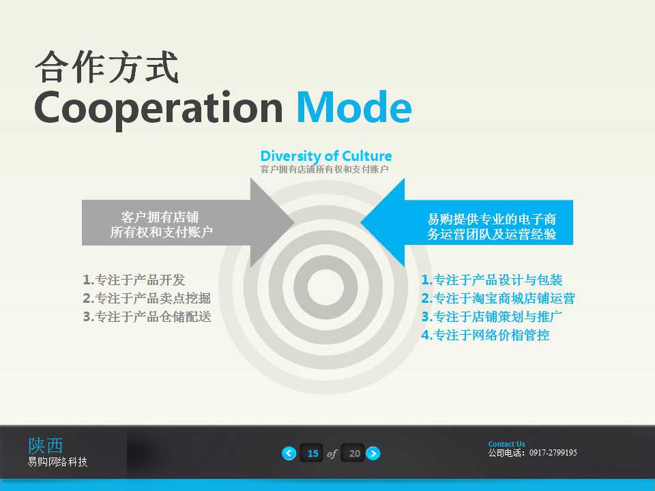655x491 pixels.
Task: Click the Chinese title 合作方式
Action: (106, 68)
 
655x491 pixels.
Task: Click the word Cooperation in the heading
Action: (158, 108)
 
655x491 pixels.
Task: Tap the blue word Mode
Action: (353, 108)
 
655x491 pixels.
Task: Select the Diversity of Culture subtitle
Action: (326, 156)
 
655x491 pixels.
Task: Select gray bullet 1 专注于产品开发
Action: (134, 280)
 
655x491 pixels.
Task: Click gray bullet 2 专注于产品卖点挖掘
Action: (147, 298)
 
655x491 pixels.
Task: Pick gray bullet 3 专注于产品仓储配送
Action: (147, 316)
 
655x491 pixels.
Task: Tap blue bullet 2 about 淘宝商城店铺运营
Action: (498, 298)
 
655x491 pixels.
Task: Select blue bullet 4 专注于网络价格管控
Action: (485, 335)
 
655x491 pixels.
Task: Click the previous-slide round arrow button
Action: (289, 453)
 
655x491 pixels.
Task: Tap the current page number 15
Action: (312, 453)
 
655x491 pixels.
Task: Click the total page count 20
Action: (353, 453)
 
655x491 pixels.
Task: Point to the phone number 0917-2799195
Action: (553, 453)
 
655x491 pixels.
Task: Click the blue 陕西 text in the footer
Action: (46, 445)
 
